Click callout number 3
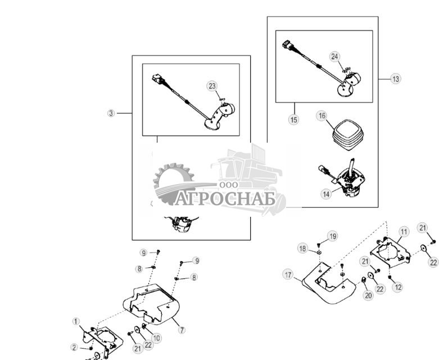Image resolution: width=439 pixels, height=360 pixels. tap(111, 113)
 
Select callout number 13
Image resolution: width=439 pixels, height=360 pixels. tap(395, 79)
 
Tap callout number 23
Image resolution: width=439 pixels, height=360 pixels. tap(212, 86)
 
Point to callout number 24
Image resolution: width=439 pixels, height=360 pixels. tap(334, 57)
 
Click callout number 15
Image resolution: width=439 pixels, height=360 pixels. tap(293, 120)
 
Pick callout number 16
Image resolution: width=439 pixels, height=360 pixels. tap(322, 116)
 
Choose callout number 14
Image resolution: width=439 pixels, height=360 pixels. tap(327, 194)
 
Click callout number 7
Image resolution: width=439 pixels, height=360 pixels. tap(182, 330)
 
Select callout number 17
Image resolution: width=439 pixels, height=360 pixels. tap(288, 275)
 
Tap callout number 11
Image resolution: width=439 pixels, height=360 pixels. tap(404, 232)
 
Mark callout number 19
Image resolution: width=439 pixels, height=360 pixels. tap(333, 236)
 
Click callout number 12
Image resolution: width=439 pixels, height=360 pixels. tap(398, 288)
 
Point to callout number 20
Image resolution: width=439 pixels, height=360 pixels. tap(368, 295)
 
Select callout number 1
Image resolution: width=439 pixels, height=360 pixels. tap(76, 322)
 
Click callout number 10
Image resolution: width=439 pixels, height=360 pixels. tap(156, 338)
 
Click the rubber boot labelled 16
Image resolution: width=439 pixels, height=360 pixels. tap(348, 135)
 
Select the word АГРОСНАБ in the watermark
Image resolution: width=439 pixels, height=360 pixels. tap(225, 198)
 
